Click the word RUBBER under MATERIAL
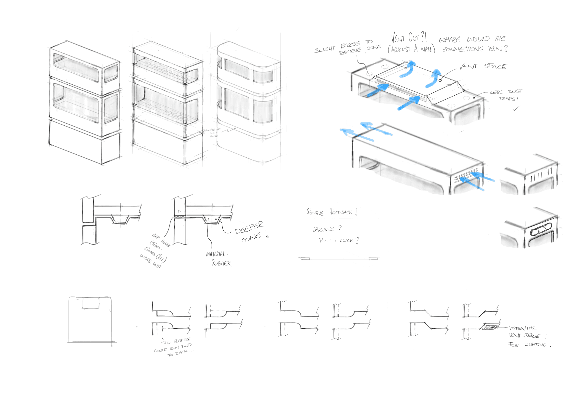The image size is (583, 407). coord(221,263)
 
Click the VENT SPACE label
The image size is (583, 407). coord(483,66)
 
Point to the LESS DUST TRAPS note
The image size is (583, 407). coord(506,95)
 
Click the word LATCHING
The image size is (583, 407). coord(323,230)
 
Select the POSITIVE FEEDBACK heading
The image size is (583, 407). coord(332,212)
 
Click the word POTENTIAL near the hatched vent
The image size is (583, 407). coord(523,328)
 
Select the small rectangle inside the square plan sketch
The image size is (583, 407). coord(91,304)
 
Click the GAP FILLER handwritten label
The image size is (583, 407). coord(161,240)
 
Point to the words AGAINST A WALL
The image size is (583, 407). coord(411,49)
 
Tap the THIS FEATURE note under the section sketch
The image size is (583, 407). coord(176,341)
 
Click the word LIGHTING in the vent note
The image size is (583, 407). coord(536,344)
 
